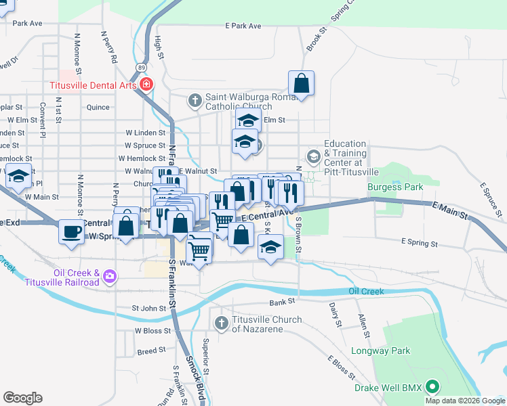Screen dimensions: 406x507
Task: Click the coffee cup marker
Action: (72, 231)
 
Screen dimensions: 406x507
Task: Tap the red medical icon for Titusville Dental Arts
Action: (147, 85)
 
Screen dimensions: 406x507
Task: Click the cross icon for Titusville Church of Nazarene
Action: (221, 324)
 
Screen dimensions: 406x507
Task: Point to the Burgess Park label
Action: (395, 187)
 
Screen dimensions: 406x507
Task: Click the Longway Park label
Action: (380, 351)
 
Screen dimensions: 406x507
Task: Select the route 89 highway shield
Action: (140, 68)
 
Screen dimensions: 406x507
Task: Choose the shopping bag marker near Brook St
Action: (302, 84)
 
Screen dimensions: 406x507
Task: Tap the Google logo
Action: (22, 398)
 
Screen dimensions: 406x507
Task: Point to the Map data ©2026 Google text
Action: (465, 401)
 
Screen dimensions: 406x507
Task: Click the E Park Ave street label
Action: (243, 26)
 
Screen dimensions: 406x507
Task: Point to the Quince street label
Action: (98, 107)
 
